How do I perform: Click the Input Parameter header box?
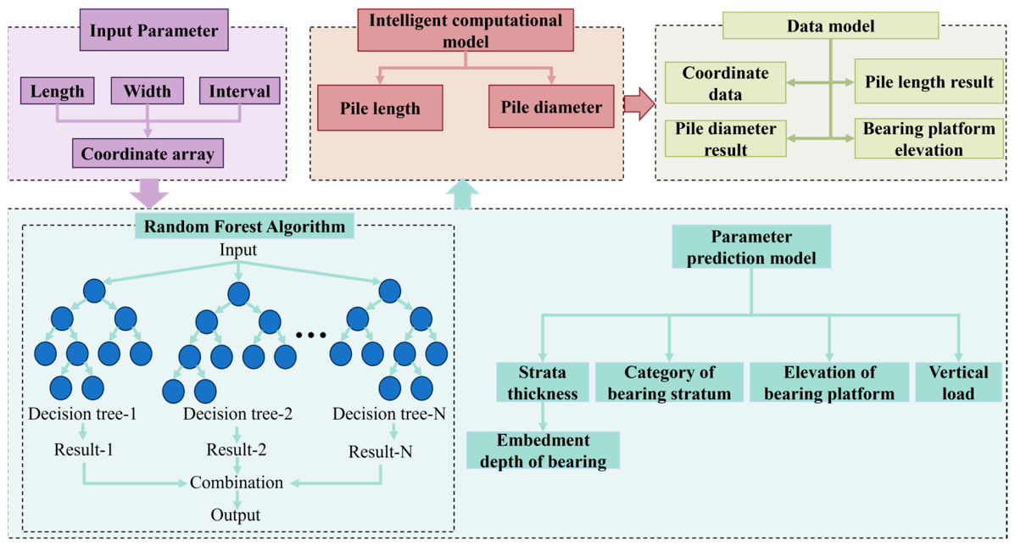154,30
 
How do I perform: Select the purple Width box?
147,91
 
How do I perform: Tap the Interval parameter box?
239,91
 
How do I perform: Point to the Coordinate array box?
148,153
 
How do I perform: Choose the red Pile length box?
380,108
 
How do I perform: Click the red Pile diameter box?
551,107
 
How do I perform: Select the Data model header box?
830,26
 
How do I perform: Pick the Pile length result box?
929,81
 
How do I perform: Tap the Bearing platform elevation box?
929,138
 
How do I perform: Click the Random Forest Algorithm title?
245,226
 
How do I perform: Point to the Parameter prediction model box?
751,247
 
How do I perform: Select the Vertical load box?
959,382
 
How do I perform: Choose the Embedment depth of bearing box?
543,450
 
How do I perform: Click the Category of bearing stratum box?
669,382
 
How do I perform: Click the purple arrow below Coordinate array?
149,192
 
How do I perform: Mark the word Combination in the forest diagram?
237,482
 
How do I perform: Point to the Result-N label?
381,452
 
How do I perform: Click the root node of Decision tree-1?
94,291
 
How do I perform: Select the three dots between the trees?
310,335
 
